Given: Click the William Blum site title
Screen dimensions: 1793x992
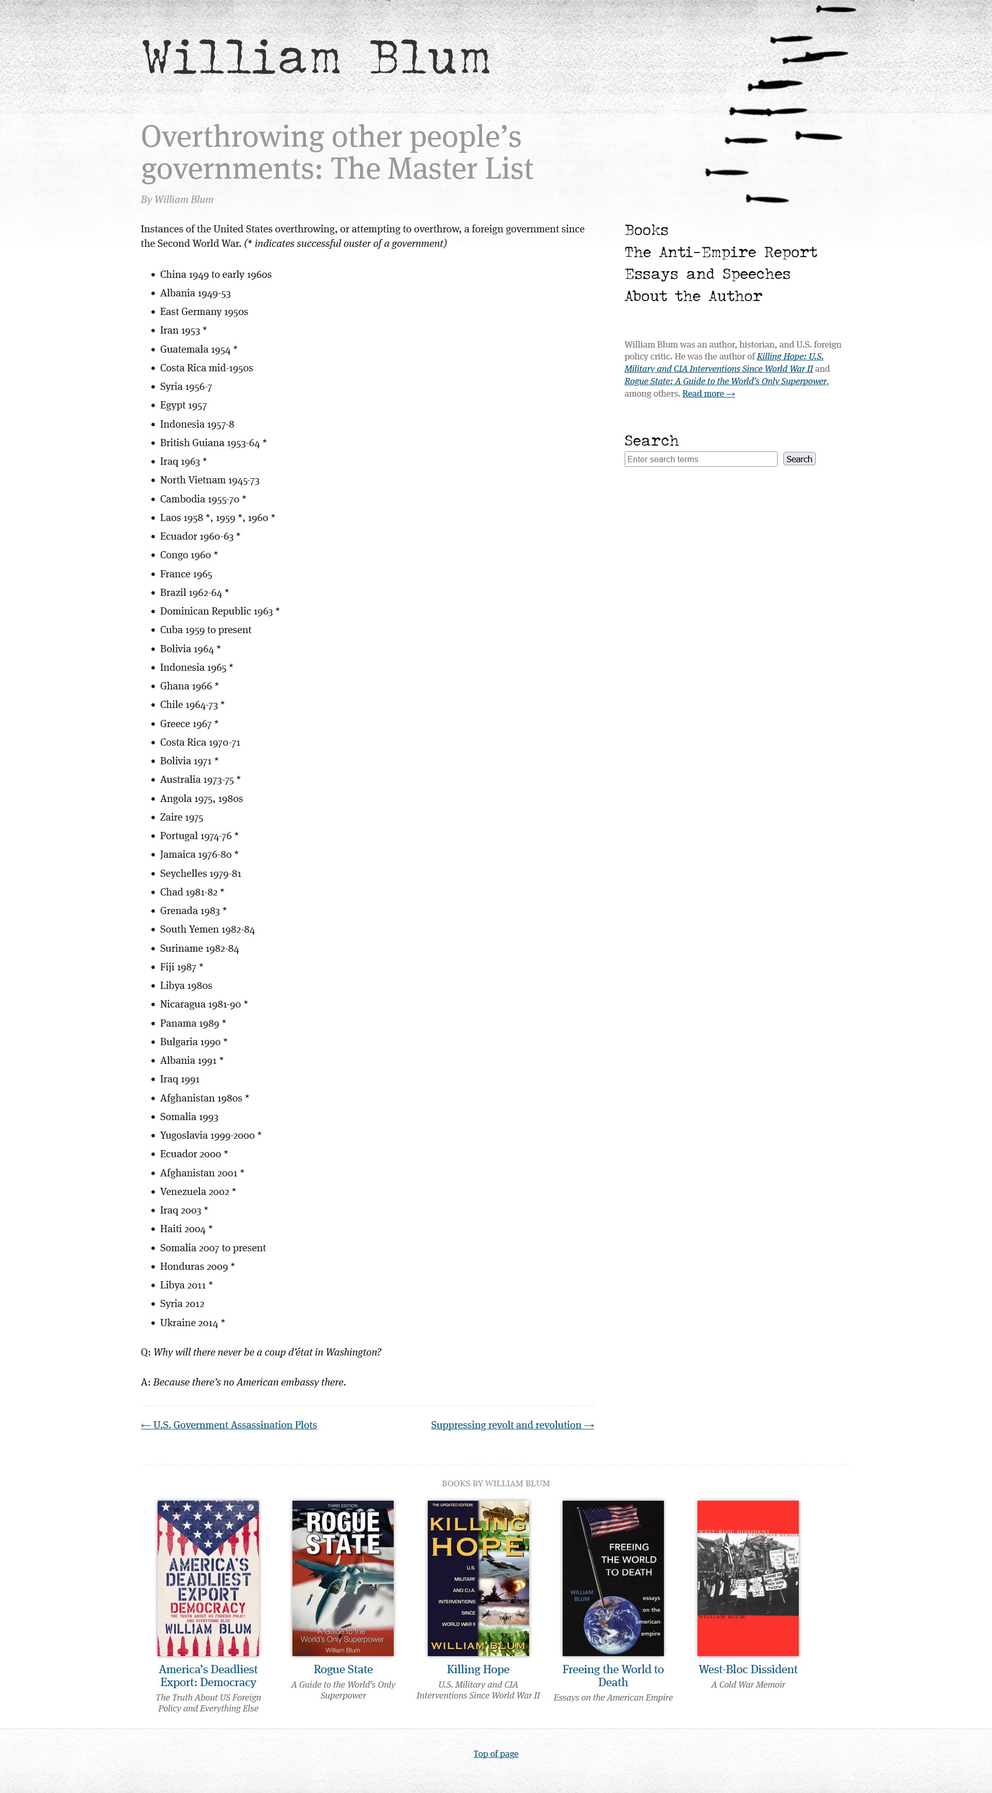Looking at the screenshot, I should pos(316,58).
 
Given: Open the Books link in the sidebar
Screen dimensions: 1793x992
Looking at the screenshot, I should pos(646,230).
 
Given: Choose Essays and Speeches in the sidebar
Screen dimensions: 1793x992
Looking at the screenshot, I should pos(707,274).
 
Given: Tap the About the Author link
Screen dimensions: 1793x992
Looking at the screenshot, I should pos(693,296).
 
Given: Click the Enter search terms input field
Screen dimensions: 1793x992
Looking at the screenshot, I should pos(700,460).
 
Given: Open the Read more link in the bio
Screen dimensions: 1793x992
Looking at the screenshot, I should pos(708,394).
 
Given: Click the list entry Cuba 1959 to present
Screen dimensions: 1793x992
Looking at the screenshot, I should pos(205,630).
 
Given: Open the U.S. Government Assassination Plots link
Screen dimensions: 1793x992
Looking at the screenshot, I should pos(229,1425).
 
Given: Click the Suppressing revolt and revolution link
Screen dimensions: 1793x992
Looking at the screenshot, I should pos(512,1425).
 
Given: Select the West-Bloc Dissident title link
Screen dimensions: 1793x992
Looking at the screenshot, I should pos(748,1669).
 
